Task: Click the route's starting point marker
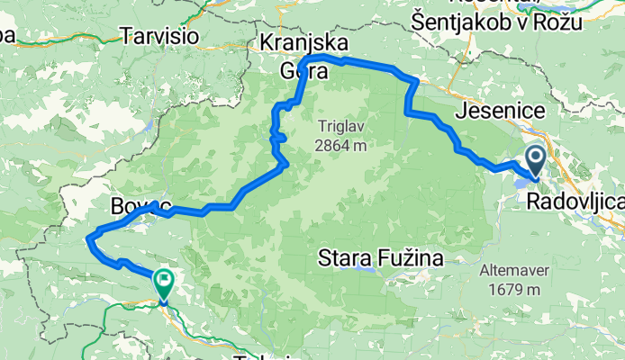click(535, 163)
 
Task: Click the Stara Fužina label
click(383, 260)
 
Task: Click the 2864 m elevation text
click(341, 144)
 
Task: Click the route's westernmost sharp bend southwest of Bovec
click(88, 237)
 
